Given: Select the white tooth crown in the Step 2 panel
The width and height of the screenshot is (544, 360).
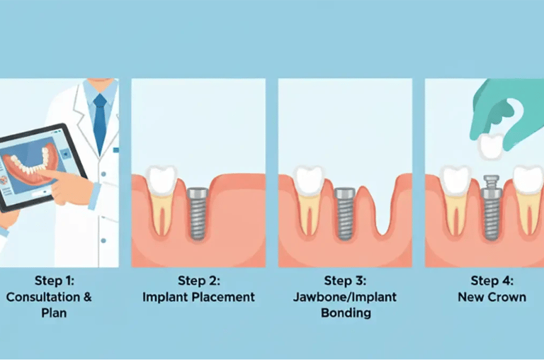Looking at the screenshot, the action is (x=162, y=180).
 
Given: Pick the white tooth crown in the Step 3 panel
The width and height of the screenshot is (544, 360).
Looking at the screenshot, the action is (x=308, y=180).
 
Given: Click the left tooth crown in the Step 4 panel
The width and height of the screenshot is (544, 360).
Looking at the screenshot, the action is (x=455, y=180).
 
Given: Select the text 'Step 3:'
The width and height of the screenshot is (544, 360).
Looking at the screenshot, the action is (x=345, y=281).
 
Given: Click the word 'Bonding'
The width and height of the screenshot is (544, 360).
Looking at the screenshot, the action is (x=345, y=313).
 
